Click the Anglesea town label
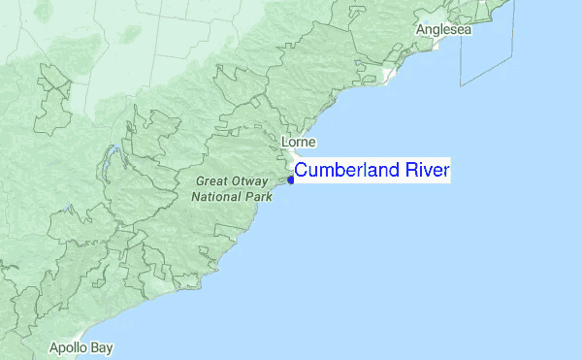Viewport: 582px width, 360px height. point(443,30)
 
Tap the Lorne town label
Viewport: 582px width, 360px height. point(297,143)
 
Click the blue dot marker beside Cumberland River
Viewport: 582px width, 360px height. point(291,179)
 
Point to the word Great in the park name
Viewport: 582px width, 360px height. point(211,181)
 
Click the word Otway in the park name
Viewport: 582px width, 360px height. point(251,181)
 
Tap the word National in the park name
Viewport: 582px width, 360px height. point(218,196)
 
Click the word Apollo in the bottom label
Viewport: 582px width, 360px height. point(70,347)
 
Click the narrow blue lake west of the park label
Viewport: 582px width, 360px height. point(113,156)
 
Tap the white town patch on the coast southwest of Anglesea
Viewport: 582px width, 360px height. point(389,75)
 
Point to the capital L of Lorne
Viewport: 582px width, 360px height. point(283,143)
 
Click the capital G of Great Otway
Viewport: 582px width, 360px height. point(200,181)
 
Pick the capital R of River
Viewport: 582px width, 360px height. point(413,171)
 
